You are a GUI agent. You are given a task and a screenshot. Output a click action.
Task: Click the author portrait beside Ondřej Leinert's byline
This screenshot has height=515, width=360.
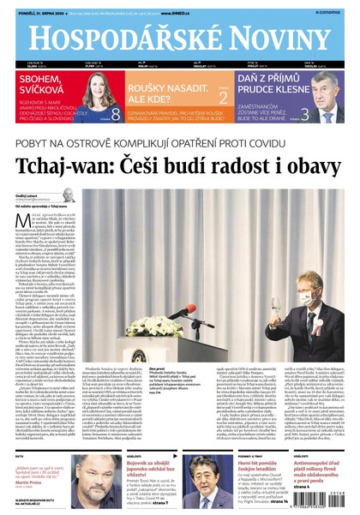pos(69,197)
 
